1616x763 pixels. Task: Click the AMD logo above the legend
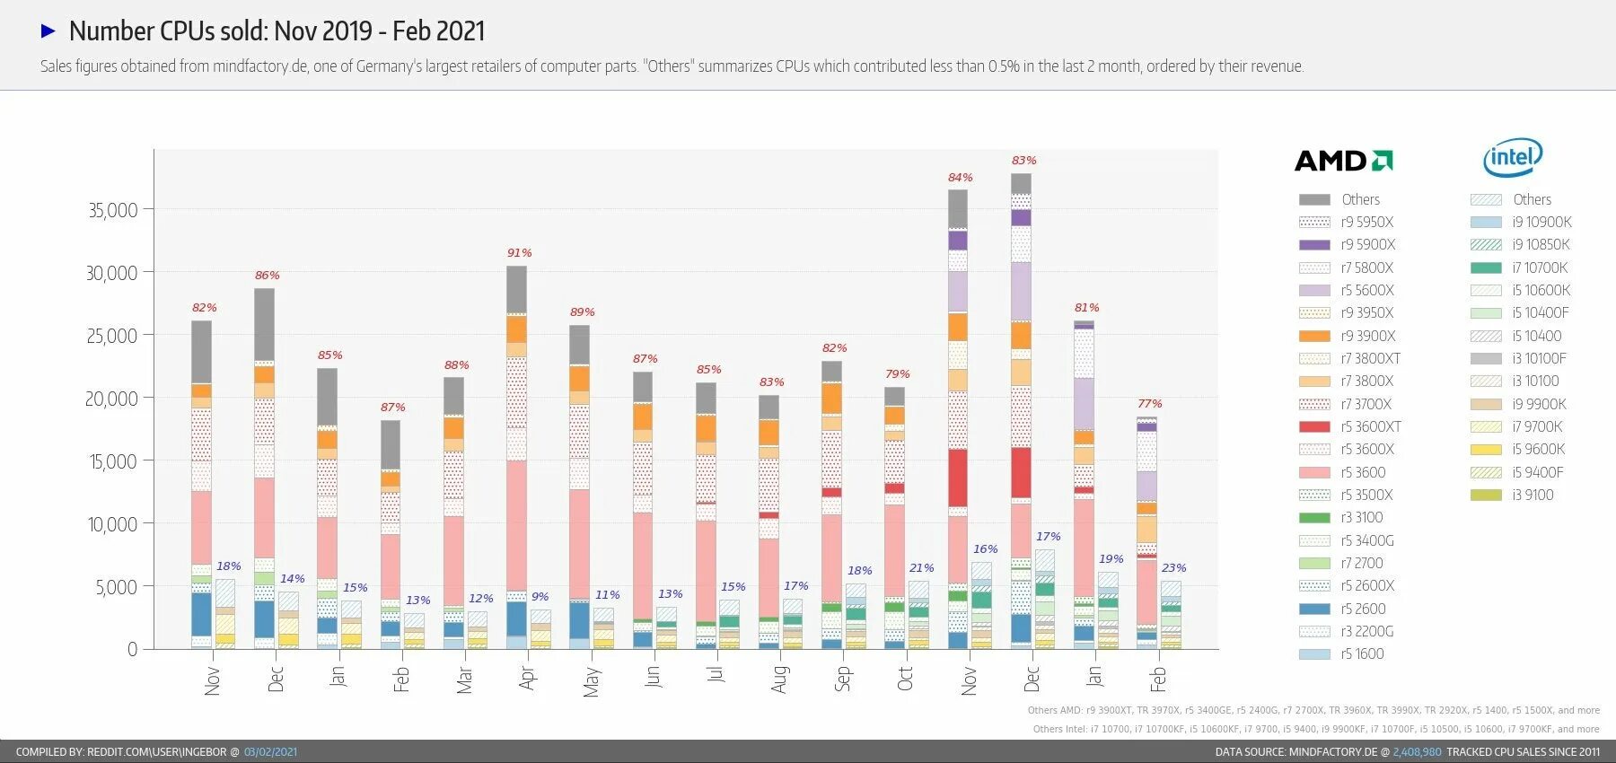pyautogui.click(x=1343, y=161)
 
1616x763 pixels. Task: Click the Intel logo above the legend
pyautogui.click(x=1513, y=158)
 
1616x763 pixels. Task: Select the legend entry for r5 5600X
pyautogui.click(x=1366, y=290)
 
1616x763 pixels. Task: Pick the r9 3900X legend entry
pyautogui.click(x=1367, y=336)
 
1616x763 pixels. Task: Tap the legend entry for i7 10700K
pyautogui.click(x=1539, y=267)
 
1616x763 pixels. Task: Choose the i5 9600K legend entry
pyautogui.click(x=1538, y=449)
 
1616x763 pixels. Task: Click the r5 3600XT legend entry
pyautogui.click(x=1370, y=426)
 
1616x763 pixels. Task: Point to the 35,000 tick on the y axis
pyautogui.click(x=112, y=210)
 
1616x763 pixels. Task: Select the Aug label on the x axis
pyautogui.click(x=779, y=679)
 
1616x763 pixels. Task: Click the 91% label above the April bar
pyautogui.click(x=519, y=253)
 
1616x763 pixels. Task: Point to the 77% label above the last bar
pyautogui.click(x=1149, y=404)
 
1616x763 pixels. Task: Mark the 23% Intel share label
pyautogui.click(x=1173, y=568)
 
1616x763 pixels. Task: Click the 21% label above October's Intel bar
pyautogui.click(x=921, y=568)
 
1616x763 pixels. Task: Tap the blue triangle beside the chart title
pyautogui.click(x=48, y=31)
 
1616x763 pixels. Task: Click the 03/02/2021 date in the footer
pyautogui.click(x=270, y=752)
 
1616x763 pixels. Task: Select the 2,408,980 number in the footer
pyautogui.click(x=1417, y=752)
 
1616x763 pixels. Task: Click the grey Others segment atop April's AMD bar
pyautogui.click(x=516, y=289)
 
